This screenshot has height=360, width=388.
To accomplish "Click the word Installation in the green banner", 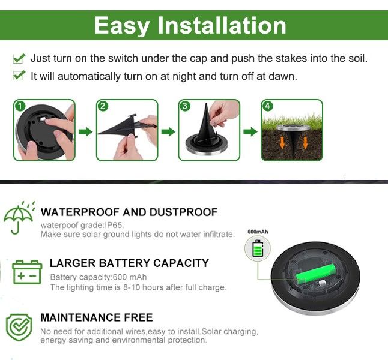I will click(x=222, y=25).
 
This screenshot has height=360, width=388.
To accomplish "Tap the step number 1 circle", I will click(x=20, y=106).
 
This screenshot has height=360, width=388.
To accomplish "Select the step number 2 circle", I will click(x=103, y=106).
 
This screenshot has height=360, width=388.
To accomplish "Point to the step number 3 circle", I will click(x=185, y=106).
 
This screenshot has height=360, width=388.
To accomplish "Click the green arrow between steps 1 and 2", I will click(x=86, y=131).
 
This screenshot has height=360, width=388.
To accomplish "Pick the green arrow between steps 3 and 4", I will click(x=250, y=131).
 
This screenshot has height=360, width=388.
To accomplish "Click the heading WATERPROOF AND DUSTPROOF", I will click(x=129, y=212).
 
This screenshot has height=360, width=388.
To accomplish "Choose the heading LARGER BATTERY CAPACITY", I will click(x=129, y=263).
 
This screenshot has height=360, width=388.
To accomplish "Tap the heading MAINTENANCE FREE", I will click(x=96, y=317).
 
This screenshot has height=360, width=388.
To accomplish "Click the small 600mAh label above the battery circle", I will click(x=257, y=231).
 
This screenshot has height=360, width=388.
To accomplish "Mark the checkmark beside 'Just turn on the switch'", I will click(x=19, y=59).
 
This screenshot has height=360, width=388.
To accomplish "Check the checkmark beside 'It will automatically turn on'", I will click(x=19, y=76).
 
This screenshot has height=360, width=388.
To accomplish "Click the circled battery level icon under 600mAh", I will click(x=258, y=248).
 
